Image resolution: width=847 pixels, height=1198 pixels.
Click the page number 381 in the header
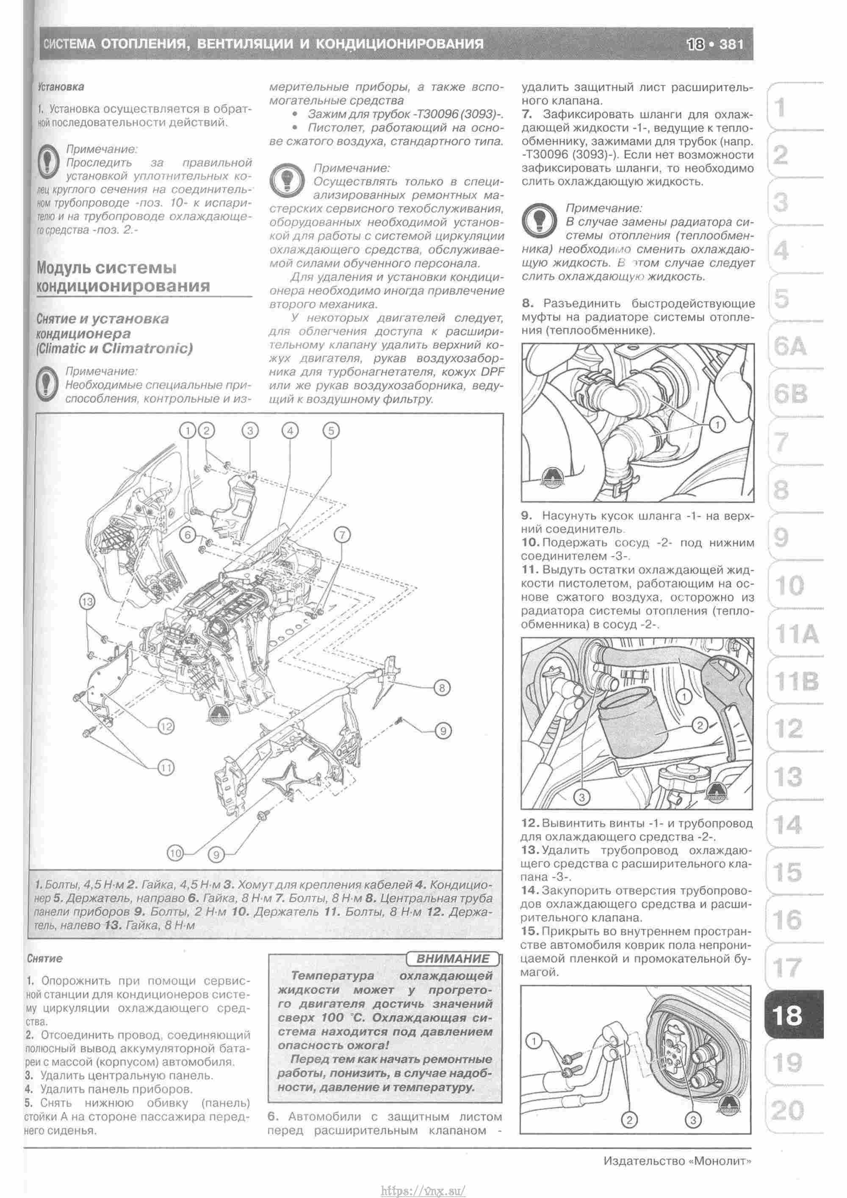[x=731, y=44]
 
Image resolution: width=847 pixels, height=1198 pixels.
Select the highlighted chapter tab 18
[x=788, y=1015]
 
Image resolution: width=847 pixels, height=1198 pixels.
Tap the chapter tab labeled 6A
[x=790, y=347]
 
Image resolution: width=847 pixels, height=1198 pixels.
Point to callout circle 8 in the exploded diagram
[x=442, y=688]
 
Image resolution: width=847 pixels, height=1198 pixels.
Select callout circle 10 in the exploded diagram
[x=176, y=853]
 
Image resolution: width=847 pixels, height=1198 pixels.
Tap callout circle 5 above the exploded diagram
[x=331, y=431]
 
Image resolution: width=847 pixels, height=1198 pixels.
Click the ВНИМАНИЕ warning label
[x=453, y=959]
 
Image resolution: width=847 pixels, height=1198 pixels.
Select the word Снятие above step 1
[x=44, y=959]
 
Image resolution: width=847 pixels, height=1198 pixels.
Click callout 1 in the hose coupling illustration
[x=718, y=425]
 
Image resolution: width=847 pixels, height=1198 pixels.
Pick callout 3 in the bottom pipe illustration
[x=693, y=1120]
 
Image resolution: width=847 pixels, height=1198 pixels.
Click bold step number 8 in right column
[x=527, y=303]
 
